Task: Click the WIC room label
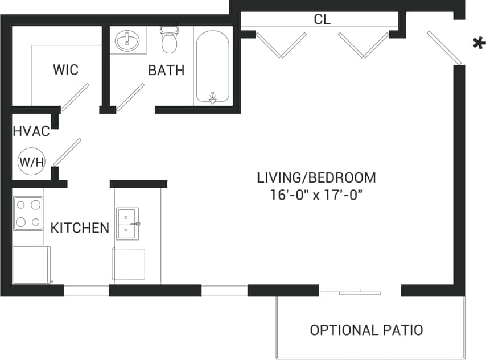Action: pyautogui.click(x=65, y=70)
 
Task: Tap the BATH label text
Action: pyautogui.click(x=166, y=71)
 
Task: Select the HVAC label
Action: pyautogui.click(x=31, y=132)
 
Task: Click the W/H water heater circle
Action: pyautogui.click(x=32, y=162)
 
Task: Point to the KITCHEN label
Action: pyautogui.click(x=80, y=228)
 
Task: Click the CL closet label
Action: pyautogui.click(x=322, y=19)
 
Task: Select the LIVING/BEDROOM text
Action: pyautogui.click(x=316, y=177)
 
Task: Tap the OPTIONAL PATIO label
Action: pyautogui.click(x=366, y=330)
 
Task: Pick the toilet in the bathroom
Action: pyautogui.click(x=170, y=39)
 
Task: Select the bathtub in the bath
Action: pyautogui.click(x=213, y=66)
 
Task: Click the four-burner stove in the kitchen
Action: pyautogui.click(x=28, y=213)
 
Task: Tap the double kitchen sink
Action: pyautogui.click(x=127, y=224)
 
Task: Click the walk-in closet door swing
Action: pyautogui.click(x=75, y=96)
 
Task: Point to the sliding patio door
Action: pyautogui.click(x=350, y=292)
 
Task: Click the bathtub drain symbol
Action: pyautogui.click(x=213, y=99)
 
